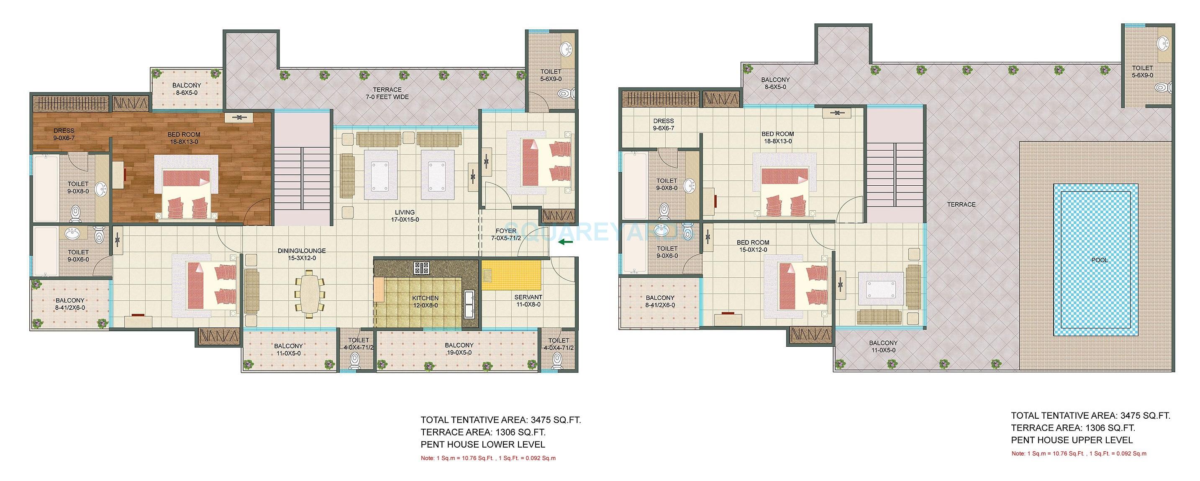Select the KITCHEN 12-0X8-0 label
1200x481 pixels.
[x=425, y=302]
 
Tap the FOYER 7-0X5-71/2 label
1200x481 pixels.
[x=505, y=234]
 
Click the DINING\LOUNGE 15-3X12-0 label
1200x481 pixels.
[x=301, y=254]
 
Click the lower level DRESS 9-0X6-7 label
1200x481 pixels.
[x=64, y=134]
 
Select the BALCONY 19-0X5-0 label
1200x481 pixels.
[x=459, y=349]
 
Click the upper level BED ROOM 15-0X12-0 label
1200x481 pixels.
[x=753, y=246]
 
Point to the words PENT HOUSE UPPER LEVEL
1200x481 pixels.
[x=1072, y=440]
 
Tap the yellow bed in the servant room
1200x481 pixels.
[x=511, y=276]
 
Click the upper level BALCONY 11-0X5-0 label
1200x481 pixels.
[x=883, y=346]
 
